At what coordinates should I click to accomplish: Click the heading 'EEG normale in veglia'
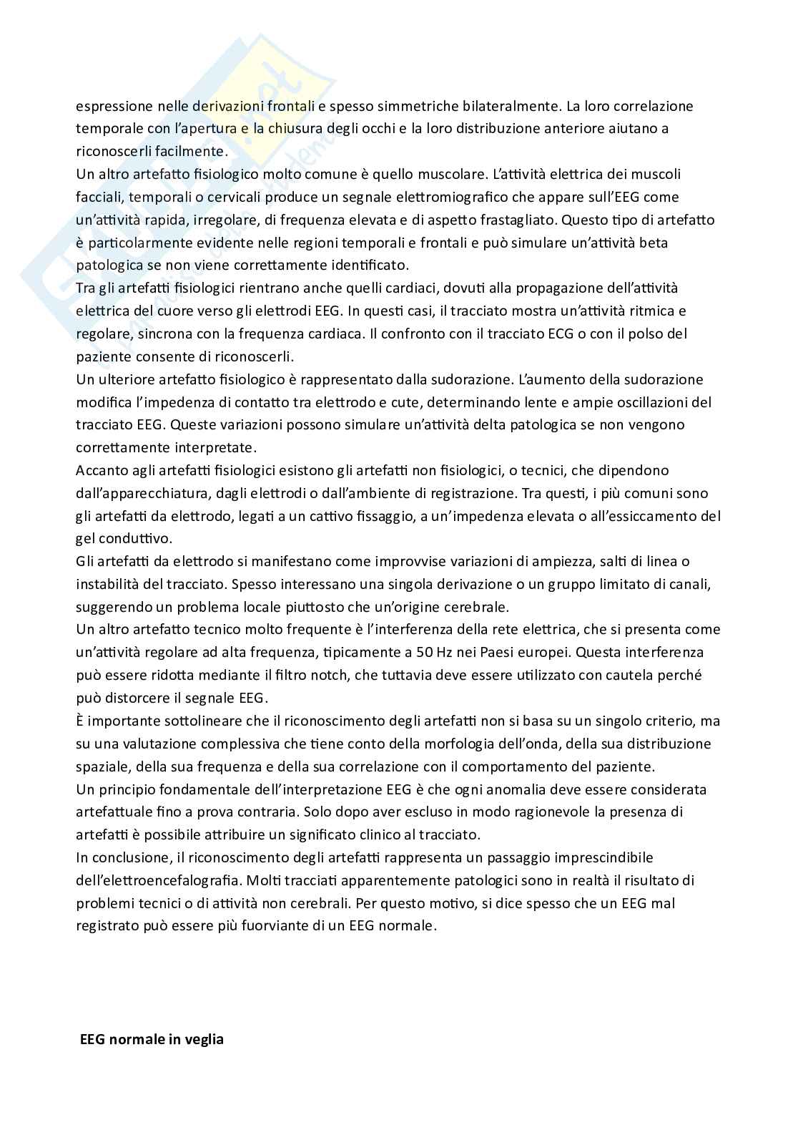click(151, 1039)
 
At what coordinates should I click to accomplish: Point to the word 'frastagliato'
click(518, 220)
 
